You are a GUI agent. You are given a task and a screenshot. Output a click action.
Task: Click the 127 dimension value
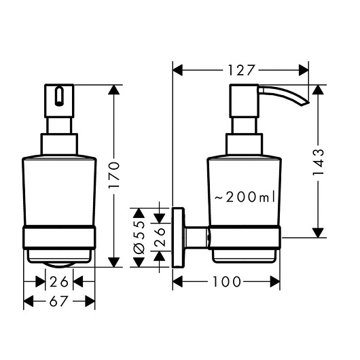pyautogui.click(x=241, y=70)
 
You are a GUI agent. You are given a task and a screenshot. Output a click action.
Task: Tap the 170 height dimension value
pyautogui.click(x=114, y=175)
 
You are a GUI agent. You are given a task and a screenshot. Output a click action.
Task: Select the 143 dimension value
pyautogui.click(x=318, y=162)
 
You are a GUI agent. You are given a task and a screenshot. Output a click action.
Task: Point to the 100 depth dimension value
pyautogui.click(x=227, y=282)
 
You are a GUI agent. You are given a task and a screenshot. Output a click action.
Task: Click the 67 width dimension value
pyautogui.click(x=59, y=301)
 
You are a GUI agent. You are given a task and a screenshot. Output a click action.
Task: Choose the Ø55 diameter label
pyautogui.click(x=139, y=238)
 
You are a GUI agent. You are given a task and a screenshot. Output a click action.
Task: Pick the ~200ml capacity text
pyautogui.click(x=245, y=197)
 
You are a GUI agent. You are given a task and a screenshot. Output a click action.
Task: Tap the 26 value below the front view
pyautogui.click(x=59, y=282)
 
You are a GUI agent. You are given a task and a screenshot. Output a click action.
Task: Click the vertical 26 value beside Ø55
pyautogui.click(x=160, y=237)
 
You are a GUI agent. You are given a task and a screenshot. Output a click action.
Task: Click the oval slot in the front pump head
pyautogui.click(x=59, y=96)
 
